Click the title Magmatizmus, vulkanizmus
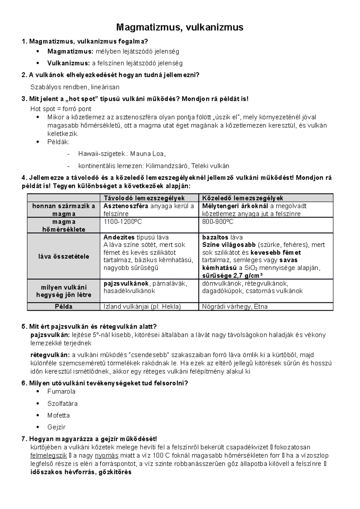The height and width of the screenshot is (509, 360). click(180, 28)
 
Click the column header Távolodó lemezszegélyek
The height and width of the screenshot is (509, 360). click(144, 198)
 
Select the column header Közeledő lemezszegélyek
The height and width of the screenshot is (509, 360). click(242, 198)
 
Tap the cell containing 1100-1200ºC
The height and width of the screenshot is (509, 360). click(122, 222)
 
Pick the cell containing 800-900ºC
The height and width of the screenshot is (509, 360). click(217, 222)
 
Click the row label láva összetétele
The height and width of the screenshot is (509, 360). click(64, 256)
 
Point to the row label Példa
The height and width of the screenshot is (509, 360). click(64, 307)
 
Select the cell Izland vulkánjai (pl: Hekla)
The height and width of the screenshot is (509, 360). click(142, 307)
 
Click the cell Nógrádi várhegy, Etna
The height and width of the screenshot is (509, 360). click(235, 307)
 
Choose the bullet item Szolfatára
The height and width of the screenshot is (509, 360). click(62, 403)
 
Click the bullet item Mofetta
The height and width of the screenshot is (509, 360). click(58, 415)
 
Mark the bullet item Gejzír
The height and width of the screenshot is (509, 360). click(56, 427)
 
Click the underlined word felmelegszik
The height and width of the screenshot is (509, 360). click(49, 456)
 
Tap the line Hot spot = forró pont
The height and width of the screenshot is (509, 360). click(61, 109)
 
